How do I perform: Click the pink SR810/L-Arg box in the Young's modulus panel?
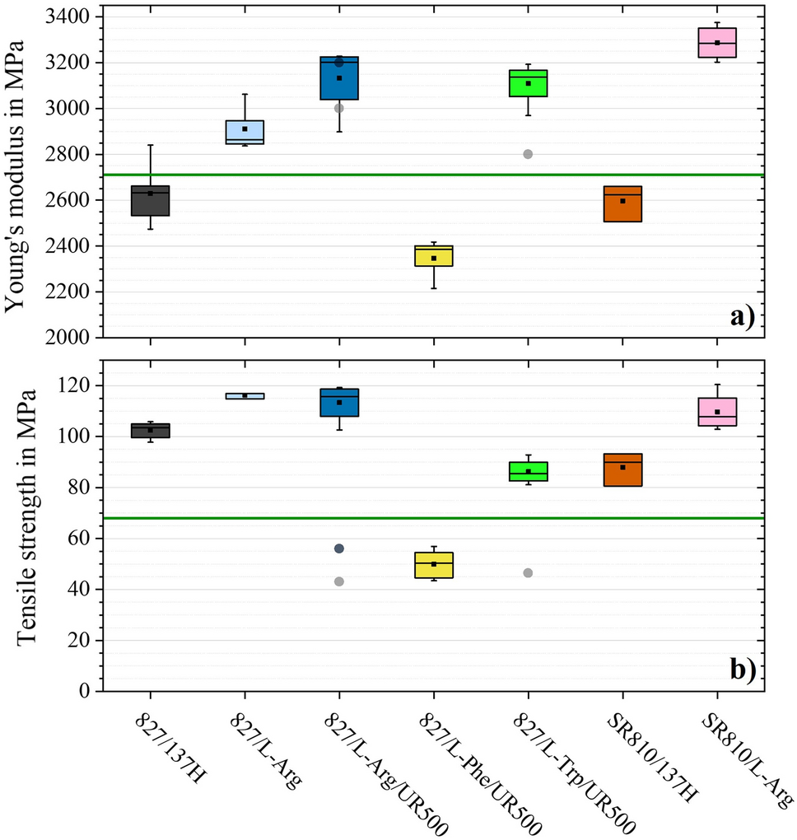click(x=717, y=42)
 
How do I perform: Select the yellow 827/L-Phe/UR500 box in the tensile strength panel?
click(x=434, y=565)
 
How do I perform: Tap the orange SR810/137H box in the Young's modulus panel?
click(x=622, y=203)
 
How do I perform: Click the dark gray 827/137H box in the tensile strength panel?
click(x=151, y=431)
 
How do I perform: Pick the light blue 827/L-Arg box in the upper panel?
click(x=245, y=132)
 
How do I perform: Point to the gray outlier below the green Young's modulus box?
click(x=528, y=154)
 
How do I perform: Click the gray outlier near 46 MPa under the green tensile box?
click(x=528, y=572)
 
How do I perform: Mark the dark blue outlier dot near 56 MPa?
click(x=339, y=548)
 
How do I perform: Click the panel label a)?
click(x=742, y=316)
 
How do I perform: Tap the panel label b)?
click(x=742, y=670)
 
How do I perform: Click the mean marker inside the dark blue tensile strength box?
click(x=339, y=402)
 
